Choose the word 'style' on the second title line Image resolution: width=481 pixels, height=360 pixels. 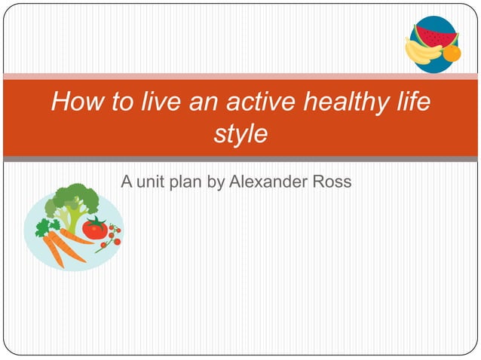tap(240, 134)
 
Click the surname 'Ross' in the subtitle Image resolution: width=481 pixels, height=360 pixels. tap(335, 182)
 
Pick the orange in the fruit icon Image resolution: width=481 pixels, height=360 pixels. tap(451, 53)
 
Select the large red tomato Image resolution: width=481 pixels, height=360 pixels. tap(96, 227)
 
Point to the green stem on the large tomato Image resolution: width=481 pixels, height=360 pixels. tap(95, 219)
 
